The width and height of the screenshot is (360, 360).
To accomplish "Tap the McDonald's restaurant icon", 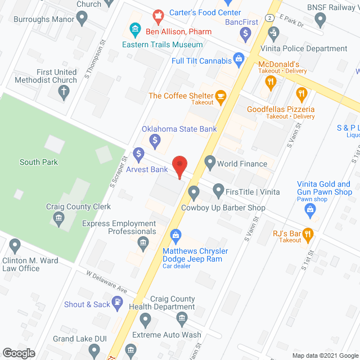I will (x=271, y=82).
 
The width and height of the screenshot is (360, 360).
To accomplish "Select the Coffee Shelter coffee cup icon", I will (x=221, y=96).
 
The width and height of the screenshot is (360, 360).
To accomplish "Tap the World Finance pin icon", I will (x=210, y=164).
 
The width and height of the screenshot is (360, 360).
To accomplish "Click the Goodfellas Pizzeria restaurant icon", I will (x=301, y=93).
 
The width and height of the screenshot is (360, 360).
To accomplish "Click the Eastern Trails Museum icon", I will (x=134, y=28).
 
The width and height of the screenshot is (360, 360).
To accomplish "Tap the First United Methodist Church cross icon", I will (x=65, y=92).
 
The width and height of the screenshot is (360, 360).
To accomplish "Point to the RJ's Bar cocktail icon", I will (x=308, y=233).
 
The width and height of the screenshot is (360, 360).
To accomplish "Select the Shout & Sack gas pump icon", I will (x=117, y=304).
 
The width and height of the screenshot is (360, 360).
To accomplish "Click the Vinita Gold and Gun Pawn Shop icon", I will (x=309, y=211).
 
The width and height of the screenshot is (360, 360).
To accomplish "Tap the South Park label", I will (x=38, y=162).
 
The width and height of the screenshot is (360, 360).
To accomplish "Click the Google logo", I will (x=18, y=353).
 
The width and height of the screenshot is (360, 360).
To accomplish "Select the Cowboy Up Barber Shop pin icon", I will (x=194, y=193).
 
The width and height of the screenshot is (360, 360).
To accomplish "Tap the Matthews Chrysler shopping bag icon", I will (x=175, y=235).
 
